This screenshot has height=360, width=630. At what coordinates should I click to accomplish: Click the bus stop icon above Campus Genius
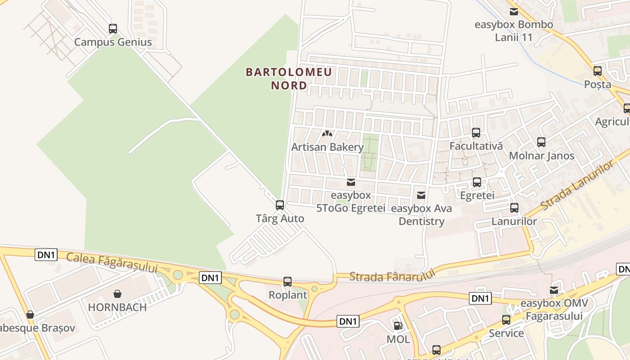tap(113, 29)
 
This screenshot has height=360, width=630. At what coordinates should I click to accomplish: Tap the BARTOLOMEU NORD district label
tap(289, 78)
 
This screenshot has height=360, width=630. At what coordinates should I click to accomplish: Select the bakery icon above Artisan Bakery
tap(327, 134)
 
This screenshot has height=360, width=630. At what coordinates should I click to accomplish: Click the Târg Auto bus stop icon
tap(280, 205)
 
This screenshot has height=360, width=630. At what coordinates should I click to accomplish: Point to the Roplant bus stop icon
tap(288, 282)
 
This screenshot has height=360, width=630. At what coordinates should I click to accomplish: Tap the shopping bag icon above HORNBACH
tap(117, 294)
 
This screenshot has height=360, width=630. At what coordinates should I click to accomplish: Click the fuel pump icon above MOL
tap(398, 325)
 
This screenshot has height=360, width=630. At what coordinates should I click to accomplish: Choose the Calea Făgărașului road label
tap(112, 262)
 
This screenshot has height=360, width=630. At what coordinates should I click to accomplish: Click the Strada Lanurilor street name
tap(577, 186)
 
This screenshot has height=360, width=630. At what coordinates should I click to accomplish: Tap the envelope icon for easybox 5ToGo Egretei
tap(351, 182)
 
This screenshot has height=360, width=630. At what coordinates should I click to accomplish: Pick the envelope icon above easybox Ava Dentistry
tap(421, 195)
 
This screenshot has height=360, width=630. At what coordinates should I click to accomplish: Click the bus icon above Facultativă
tap(476, 133)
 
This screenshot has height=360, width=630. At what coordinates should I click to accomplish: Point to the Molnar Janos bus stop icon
tap(541, 142)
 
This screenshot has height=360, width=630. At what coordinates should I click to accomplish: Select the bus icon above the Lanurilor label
tap(514, 208)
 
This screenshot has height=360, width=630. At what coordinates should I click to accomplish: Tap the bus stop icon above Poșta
tap(598, 71)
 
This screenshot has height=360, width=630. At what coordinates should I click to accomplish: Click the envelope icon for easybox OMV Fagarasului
tap(554, 290)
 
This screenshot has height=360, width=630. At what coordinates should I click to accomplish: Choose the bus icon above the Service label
tap(506, 320)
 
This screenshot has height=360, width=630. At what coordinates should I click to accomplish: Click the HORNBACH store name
tap(117, 307)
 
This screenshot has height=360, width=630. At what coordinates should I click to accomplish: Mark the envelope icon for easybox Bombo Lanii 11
tap(513, 12)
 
